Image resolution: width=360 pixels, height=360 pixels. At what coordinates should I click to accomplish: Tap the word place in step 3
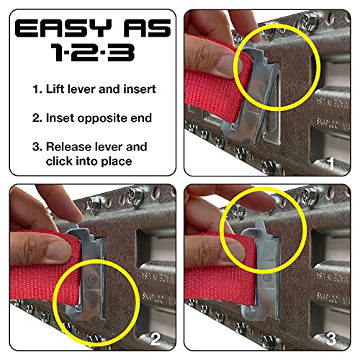coord(130,161)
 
